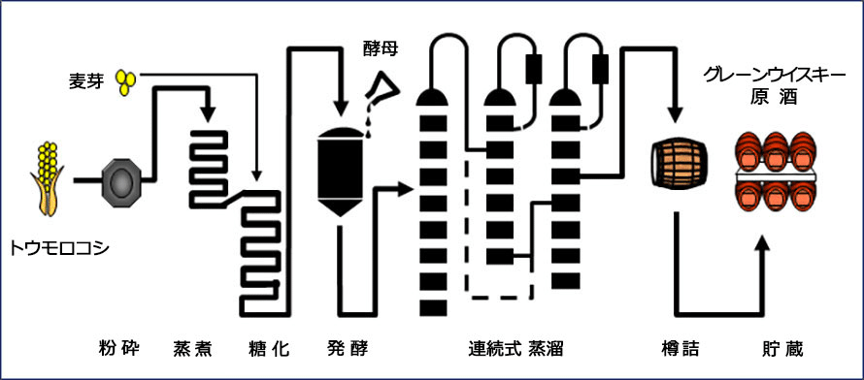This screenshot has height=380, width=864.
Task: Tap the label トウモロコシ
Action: pos(59,249)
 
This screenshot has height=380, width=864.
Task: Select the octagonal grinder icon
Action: pos(121,180)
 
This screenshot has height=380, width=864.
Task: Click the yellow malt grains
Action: pos(125,81)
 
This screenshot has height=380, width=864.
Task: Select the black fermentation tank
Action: pos(341,172)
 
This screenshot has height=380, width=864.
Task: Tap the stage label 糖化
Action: pos(269,349)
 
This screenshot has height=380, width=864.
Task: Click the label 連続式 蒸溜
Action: pos(515,349)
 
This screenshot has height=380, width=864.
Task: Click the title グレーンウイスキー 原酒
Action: pos(774,86)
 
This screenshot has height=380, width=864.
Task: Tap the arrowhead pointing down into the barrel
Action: pos(676,114)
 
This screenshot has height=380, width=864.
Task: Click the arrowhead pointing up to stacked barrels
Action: pos(763,243)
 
